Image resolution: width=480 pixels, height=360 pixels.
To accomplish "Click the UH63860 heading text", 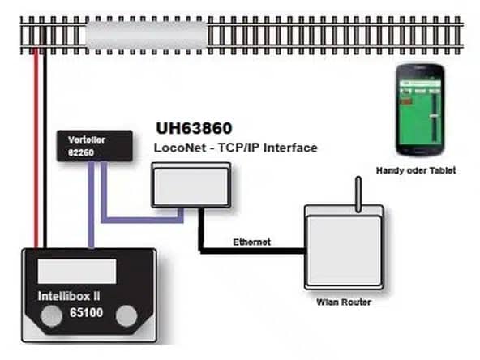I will pos(195,128).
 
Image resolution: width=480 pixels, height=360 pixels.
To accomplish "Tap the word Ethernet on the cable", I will pos(251,242).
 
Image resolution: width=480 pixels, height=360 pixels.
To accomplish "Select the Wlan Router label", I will pos(344,302).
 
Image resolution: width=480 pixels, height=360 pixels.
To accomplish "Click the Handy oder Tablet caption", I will pos(416,170).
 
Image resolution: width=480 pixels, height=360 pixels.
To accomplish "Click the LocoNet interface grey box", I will pos(190,184).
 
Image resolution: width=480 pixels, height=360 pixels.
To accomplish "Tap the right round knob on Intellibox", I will pos(126,315).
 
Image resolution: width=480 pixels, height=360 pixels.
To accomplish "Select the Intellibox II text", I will pos(71,295).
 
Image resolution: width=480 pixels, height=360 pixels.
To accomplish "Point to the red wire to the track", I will pos(35,146).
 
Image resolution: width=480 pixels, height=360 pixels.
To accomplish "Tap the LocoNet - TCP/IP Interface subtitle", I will pos(235,148).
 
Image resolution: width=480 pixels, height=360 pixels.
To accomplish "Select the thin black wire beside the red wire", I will pos(46,146).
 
